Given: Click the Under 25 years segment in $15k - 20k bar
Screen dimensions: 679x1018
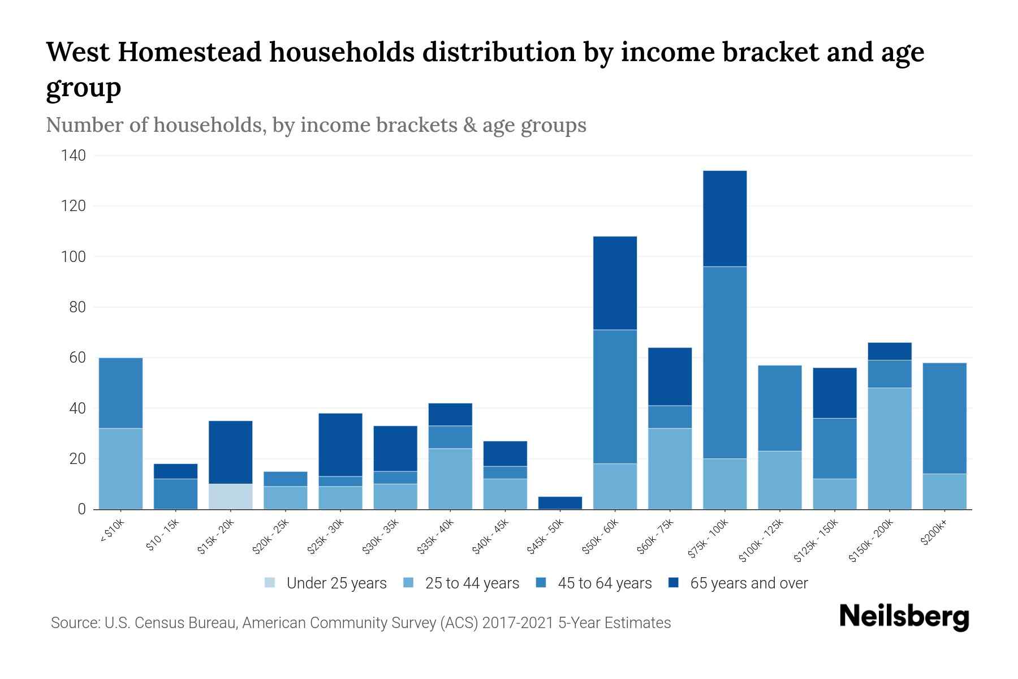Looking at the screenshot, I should coord(230,496).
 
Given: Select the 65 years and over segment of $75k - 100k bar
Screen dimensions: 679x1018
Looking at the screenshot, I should coord(724,218).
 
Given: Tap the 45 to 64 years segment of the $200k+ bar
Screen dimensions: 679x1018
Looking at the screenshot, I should coord(944,418).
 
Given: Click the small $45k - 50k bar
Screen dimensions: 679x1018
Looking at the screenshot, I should coord(560,502).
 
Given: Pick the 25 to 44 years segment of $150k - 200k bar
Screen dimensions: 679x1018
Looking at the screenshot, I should coord(889,448).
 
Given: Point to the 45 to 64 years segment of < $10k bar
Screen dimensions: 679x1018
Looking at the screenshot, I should coord(120,393).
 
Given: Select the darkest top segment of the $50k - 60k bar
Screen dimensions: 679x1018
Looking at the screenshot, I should coord(615,283).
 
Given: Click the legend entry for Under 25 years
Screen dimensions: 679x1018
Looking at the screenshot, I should coord(326,583).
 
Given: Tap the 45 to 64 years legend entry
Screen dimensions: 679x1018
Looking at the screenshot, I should coord(593,583).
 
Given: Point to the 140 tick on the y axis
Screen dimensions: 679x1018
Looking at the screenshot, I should coord(74,156).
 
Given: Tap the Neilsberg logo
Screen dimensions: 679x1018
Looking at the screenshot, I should coord(904,617).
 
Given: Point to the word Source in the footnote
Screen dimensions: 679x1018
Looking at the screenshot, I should coord(75,623).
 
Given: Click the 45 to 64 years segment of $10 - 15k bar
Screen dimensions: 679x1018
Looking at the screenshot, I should coord(175,493).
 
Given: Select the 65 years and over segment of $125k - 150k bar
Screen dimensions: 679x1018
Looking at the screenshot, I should coord(834,393).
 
